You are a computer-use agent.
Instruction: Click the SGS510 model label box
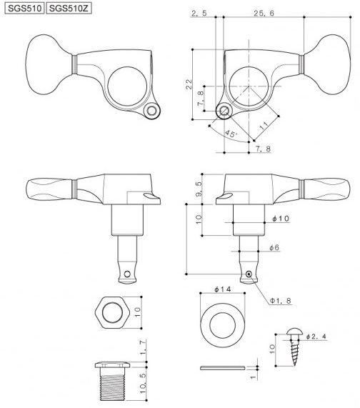(x=25, y=9)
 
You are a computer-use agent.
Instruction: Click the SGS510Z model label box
(x=69, y=9)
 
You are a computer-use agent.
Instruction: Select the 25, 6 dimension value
(x=264, y=13)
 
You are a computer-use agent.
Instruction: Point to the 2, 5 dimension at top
(x=199, y=13)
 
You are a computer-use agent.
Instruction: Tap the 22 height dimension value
(x=189, y=84)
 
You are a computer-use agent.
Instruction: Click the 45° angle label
(x=231, y=134)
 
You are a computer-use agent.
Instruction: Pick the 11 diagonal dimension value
(x=264, y=126)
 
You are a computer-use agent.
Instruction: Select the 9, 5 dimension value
(x=198, y=189)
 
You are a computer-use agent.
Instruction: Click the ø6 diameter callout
(x=274, y=247)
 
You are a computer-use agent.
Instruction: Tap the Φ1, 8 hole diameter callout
(x=281, y=301)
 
